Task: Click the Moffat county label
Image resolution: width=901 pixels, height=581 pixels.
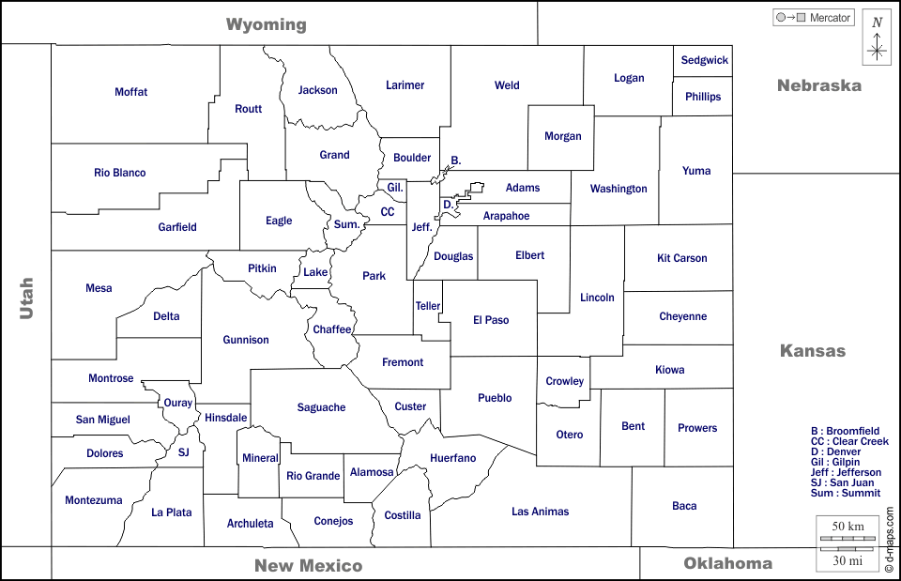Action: pos(131,92)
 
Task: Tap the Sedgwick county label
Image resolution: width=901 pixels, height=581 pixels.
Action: pos(704,60)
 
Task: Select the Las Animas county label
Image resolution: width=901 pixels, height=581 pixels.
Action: pos(540,512)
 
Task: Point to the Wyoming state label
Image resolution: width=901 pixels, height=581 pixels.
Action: pos(266,24)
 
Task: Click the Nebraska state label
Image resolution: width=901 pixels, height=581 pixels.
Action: pos(818,85)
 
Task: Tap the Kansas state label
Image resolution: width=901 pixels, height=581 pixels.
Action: pos(813,351)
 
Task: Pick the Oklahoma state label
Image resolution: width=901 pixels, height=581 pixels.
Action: pos(727,563)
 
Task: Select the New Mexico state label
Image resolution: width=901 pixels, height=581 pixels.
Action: pos(308,565)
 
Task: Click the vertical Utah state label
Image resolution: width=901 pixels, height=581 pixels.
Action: pos(26,298)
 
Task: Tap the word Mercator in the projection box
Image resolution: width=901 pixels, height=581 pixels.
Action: pos(830,18)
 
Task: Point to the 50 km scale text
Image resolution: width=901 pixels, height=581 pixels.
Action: pos(848,526)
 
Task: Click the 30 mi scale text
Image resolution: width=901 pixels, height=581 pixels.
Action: pos(848,560)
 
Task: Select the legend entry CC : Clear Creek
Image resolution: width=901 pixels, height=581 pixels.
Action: pos(848,441)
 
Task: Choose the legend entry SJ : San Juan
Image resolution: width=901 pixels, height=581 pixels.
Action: pos(842,482)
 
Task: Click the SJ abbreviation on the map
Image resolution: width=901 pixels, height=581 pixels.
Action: pos(184,452)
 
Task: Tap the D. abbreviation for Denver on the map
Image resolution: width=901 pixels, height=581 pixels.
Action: pos(449,204)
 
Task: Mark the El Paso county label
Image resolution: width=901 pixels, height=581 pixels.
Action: pos(491,320)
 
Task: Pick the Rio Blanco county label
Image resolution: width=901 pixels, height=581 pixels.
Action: pos(120,173)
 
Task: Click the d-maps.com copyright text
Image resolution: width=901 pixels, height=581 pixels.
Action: pos(889,540)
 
